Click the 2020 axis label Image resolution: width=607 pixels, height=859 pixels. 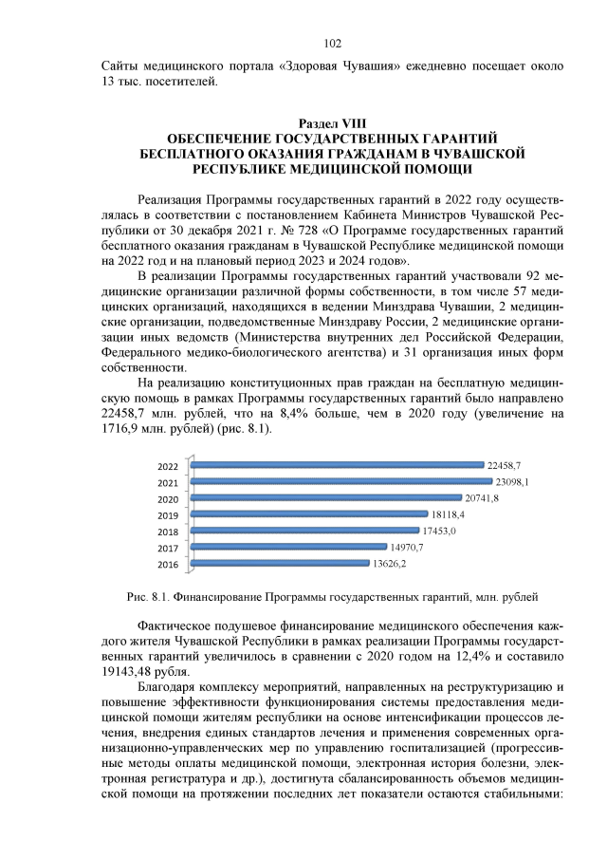point(167,499)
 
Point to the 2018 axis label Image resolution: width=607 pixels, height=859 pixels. point(167,532)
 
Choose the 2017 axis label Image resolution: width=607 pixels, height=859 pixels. point(167,548)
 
